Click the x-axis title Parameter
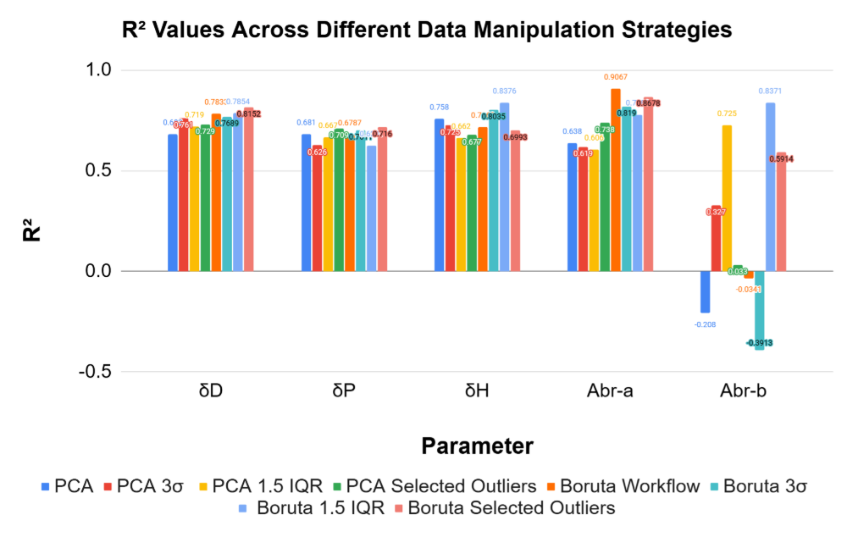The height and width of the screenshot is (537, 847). (477, 446)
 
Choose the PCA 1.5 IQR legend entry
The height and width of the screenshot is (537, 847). (262, 486)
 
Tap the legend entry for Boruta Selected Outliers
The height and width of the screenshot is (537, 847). (511, 508)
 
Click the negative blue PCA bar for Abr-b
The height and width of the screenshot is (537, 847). (705, 291)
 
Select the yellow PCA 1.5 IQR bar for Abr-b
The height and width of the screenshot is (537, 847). (727, 198)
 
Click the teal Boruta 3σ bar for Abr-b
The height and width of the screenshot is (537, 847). (760, 310)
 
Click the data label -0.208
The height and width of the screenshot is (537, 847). (705, 324)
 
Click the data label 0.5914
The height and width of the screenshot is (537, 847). (782, 158)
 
